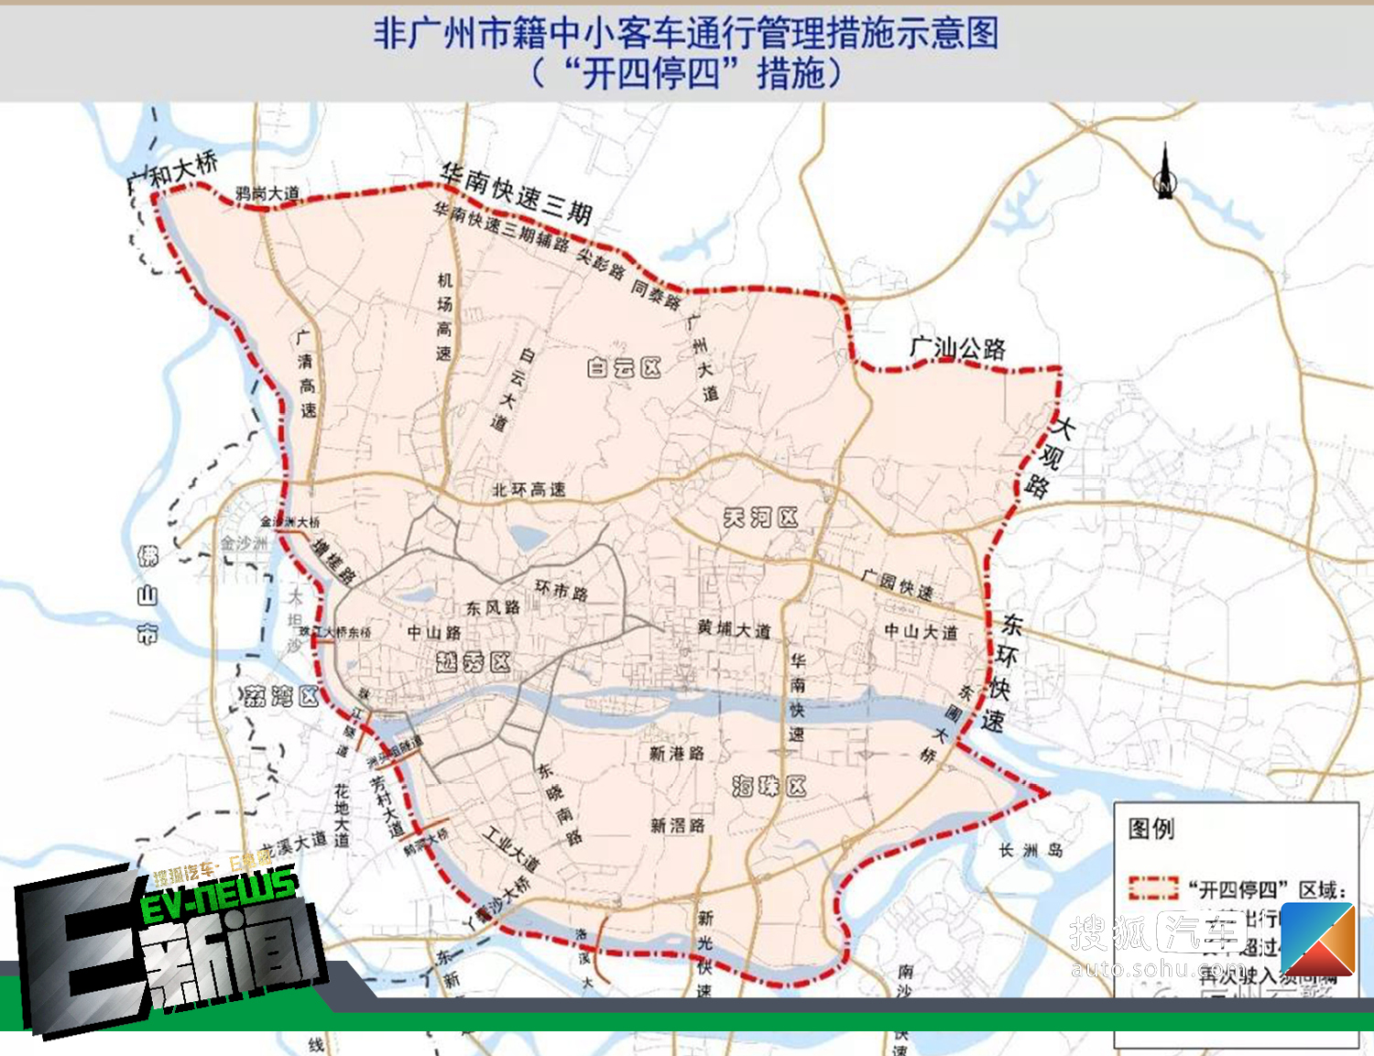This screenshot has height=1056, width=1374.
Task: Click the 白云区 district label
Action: click(624, 368)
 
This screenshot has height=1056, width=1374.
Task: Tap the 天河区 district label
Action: click(760, 518)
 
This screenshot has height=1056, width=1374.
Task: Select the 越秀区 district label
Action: click(473, 661)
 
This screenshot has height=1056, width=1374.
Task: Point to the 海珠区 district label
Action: click(769, 786)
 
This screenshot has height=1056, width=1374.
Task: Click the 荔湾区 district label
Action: click(281, 696)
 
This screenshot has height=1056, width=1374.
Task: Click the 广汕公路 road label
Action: click(957, 348)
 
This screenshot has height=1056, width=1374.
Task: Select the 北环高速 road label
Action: click(529, 490)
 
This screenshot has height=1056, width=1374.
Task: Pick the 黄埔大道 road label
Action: click(734, 628)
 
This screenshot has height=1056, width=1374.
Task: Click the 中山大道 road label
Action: click(921, 631)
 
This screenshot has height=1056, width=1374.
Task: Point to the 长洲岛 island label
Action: click(1030, 850)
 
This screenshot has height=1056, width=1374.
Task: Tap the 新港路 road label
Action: click(677, 753)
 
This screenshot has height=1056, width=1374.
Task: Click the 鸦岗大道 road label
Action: click(267, 193)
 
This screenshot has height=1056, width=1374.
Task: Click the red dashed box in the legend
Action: click(1152, 887)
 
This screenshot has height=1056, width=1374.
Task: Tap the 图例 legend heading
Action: click(1150, 829)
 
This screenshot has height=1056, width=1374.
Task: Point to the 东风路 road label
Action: click(492, 607)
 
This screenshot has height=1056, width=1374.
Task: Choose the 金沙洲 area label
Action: click(243, 543)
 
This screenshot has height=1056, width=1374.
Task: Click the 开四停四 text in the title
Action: click(650, 73)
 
